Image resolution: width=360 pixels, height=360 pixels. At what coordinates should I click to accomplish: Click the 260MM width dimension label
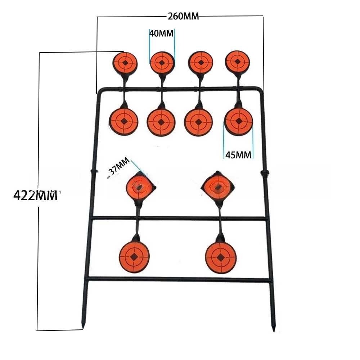(183, 16)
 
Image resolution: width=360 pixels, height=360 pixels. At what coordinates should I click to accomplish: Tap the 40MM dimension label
(161, 33)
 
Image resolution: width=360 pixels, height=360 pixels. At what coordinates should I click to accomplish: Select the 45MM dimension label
(238, 155)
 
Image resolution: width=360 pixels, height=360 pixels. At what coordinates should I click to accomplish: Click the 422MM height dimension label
(35, 195)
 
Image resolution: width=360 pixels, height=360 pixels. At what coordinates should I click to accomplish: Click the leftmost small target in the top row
(125, 62)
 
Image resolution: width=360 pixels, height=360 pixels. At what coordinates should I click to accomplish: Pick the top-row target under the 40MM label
(162, 62)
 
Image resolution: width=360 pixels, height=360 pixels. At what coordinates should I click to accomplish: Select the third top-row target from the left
(201, 62)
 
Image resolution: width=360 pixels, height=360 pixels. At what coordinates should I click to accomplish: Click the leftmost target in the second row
(124, 121)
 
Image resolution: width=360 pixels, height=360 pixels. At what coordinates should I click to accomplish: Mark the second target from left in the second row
(161, 122)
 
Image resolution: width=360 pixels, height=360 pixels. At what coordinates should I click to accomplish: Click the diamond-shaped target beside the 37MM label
(140, 187)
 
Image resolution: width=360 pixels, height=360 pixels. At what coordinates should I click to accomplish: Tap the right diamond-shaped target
(218, 187)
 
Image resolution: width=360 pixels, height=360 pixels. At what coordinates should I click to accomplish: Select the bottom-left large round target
(134, 257)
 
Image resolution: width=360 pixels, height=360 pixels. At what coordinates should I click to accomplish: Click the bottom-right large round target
(220, 257)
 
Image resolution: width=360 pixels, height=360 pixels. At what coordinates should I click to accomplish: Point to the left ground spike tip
(83, 327)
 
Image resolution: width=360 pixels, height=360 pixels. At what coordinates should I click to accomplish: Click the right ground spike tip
(273, 330)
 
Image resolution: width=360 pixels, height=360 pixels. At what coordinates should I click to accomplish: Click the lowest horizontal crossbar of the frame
(179, 280)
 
